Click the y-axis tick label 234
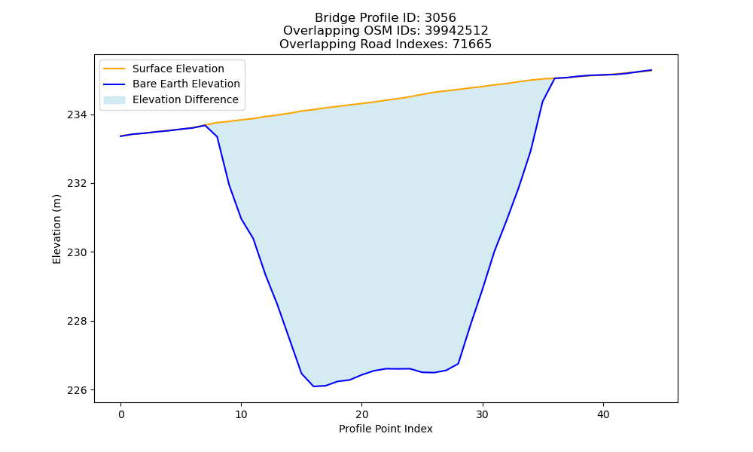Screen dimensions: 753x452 (77, 115)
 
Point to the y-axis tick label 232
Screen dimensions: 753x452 (77, 184)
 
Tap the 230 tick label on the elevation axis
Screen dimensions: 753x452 (77, 252)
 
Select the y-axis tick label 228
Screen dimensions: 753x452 (77, 322)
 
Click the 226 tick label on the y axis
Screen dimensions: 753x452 (77, 390)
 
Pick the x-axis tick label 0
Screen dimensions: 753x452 (121, 414)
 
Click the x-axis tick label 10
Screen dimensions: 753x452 (241, 414)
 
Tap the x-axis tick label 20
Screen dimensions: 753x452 (361, 414)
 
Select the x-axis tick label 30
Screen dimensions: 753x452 (483, 414)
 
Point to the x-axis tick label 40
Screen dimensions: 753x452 (603, 414)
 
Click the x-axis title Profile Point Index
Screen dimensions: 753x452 (386, 429)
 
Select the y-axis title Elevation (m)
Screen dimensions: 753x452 (56, 229)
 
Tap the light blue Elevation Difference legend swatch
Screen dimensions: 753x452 (114, 100)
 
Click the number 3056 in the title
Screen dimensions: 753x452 (440, 18)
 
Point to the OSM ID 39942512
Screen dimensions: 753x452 (456, 31)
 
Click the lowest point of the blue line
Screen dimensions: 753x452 (313, 386)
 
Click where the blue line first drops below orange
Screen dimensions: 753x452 (205, 125)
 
